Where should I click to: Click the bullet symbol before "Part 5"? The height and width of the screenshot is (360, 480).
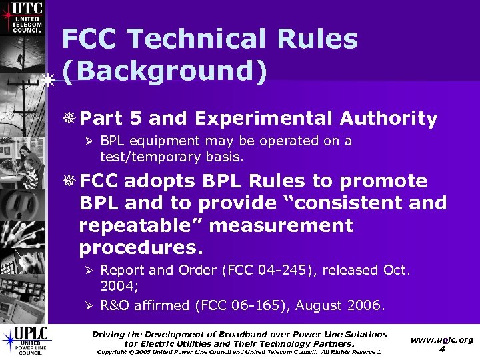tap(71, 120)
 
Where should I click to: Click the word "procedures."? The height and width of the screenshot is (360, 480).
tap(139, 247)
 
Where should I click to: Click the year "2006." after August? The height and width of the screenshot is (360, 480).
tap(367, 307)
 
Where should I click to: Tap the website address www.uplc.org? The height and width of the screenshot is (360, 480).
tap(442, 339)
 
